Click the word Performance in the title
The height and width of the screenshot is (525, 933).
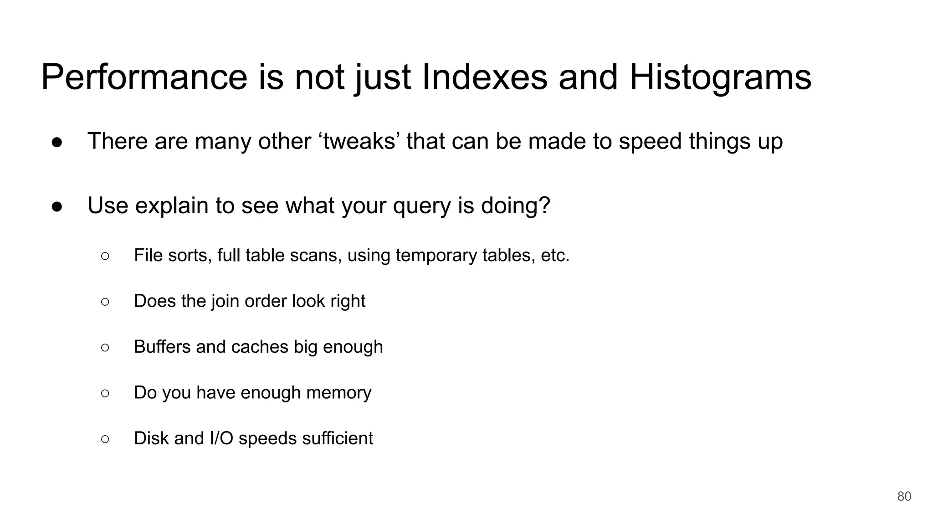click(x=144, y=77)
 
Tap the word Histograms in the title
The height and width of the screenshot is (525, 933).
click(x=720, y=77)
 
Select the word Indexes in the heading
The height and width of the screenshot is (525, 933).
click(x=485, y=77)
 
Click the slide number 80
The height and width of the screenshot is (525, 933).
click(x=904, y=496)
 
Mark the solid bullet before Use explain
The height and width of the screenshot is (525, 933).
click(x=57, y=206)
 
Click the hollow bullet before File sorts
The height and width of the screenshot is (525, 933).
click(x=105, y=256)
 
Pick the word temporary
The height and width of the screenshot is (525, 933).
click(x=436, y=256)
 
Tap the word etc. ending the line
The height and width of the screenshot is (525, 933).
click(x=555, y=255)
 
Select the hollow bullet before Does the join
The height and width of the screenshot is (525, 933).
click(x=105, y=302)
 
